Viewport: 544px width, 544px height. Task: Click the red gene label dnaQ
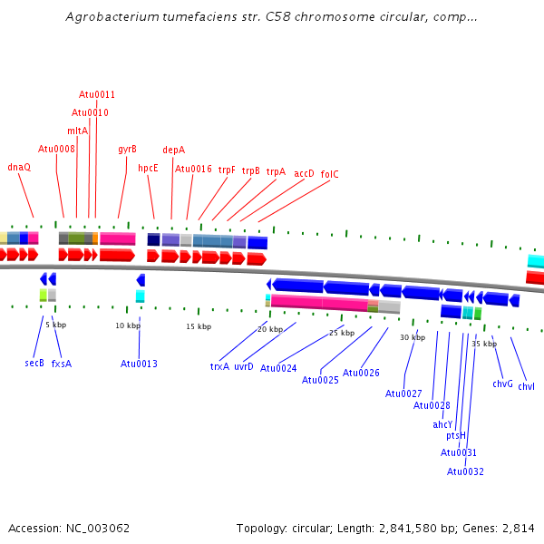[19, 167]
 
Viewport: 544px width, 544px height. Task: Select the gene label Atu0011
[97, 94]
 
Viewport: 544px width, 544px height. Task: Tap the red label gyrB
[127, 149]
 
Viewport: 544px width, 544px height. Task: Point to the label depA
[173, 150]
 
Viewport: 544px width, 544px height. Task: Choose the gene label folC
[329, 174]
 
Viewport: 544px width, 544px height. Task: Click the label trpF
[227, 170]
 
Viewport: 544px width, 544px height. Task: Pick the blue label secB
[34, 363]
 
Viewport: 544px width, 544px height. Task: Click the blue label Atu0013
[139, 364]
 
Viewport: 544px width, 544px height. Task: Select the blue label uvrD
[244, 366]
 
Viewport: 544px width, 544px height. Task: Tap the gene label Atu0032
[465, 471]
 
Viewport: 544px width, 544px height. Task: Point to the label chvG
[503, 384]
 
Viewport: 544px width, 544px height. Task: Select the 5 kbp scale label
[56, 324]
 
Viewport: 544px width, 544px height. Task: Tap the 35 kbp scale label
[484, 344]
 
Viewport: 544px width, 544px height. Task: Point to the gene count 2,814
[518, 528]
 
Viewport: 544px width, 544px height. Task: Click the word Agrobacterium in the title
[111, 17]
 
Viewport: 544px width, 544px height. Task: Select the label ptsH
[456, 436]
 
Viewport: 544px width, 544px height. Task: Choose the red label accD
[304, 173]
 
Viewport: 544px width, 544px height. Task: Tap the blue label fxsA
[61, 363]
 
